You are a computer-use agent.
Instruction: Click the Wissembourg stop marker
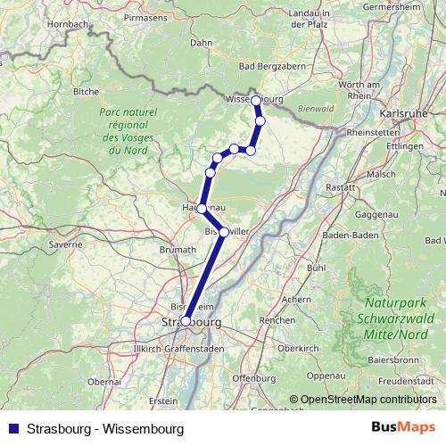[256, 100]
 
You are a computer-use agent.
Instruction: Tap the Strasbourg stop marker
[186, 321]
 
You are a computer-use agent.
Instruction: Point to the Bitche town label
[86, 91]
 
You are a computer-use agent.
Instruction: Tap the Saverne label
[65, 244]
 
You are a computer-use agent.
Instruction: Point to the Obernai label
[104, 381]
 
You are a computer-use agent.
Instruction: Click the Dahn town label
[201, 42]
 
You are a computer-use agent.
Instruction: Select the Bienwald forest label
[317, 109]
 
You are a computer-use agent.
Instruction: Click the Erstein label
[163, 401]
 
